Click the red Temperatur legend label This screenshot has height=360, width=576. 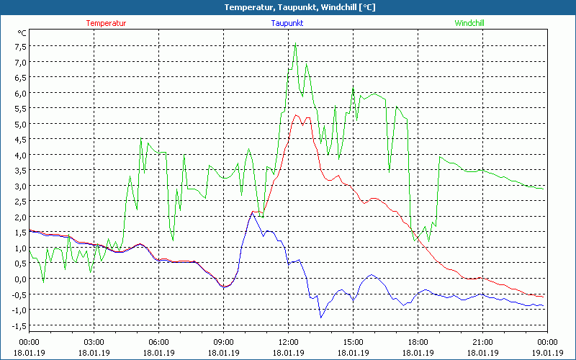coord(106,23)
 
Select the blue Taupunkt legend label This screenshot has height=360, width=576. coord(287,23)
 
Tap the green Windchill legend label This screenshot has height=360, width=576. coord(469,23)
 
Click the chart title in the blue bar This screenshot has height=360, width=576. coord(288,7)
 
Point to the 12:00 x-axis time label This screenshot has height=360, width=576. coord(288,342)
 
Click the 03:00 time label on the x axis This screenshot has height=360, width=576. coord(94,342)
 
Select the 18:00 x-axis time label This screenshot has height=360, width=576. coord(418,342)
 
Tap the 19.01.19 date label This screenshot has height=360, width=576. coord(547,353)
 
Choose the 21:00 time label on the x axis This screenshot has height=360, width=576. coord(482,342)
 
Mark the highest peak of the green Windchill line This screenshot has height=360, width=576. coord(295,43)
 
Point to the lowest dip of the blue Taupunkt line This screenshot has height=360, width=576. coord(321,317)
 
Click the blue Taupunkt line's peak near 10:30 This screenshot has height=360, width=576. coord(253,211)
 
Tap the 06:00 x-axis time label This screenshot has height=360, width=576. coord(158,342)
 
